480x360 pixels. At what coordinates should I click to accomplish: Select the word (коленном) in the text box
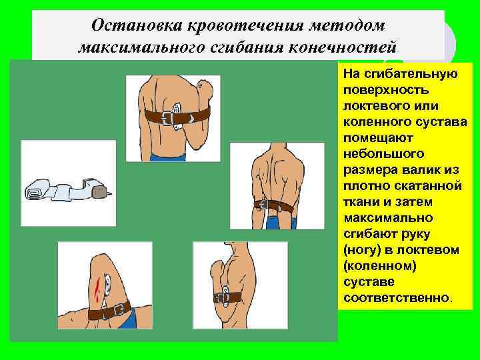(x=378, y=265)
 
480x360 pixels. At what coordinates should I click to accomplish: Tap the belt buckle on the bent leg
(x=120, y=309)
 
